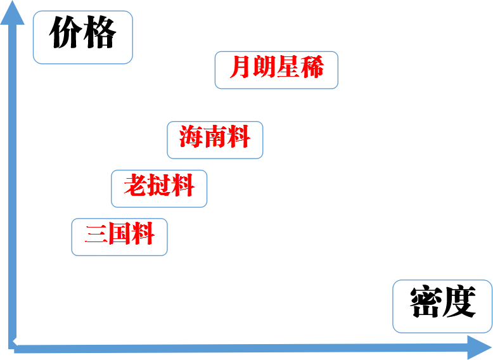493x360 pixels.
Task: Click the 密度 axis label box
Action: click(442, 305)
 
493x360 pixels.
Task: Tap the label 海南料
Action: click(215, 139)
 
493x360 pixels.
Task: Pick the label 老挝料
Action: click(159, 188)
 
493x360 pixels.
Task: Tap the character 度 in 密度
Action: click(459, 302)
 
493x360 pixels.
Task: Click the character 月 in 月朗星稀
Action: click(241, 67)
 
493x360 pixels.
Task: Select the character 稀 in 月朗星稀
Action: click(312, 67)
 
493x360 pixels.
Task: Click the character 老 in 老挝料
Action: click(136, 186)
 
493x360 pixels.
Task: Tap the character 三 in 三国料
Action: click(96, 235)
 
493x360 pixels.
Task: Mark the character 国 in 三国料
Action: click(119, 235)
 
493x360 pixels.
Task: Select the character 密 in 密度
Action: click(425, 302)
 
